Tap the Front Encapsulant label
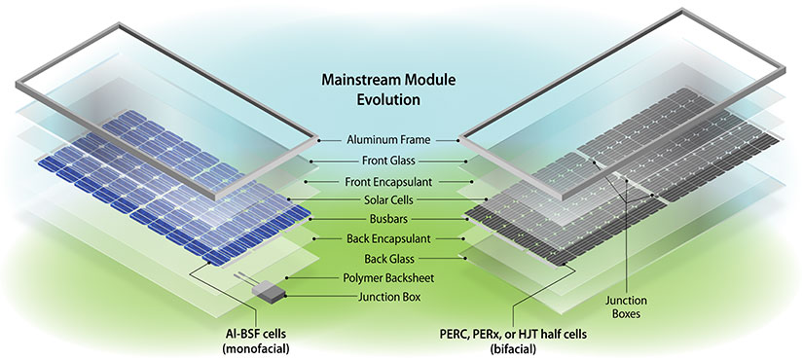tap(388, 180)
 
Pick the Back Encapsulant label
tap(388, 238)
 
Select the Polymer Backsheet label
tap(388, 277)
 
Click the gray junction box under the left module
tap(266, 289)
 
